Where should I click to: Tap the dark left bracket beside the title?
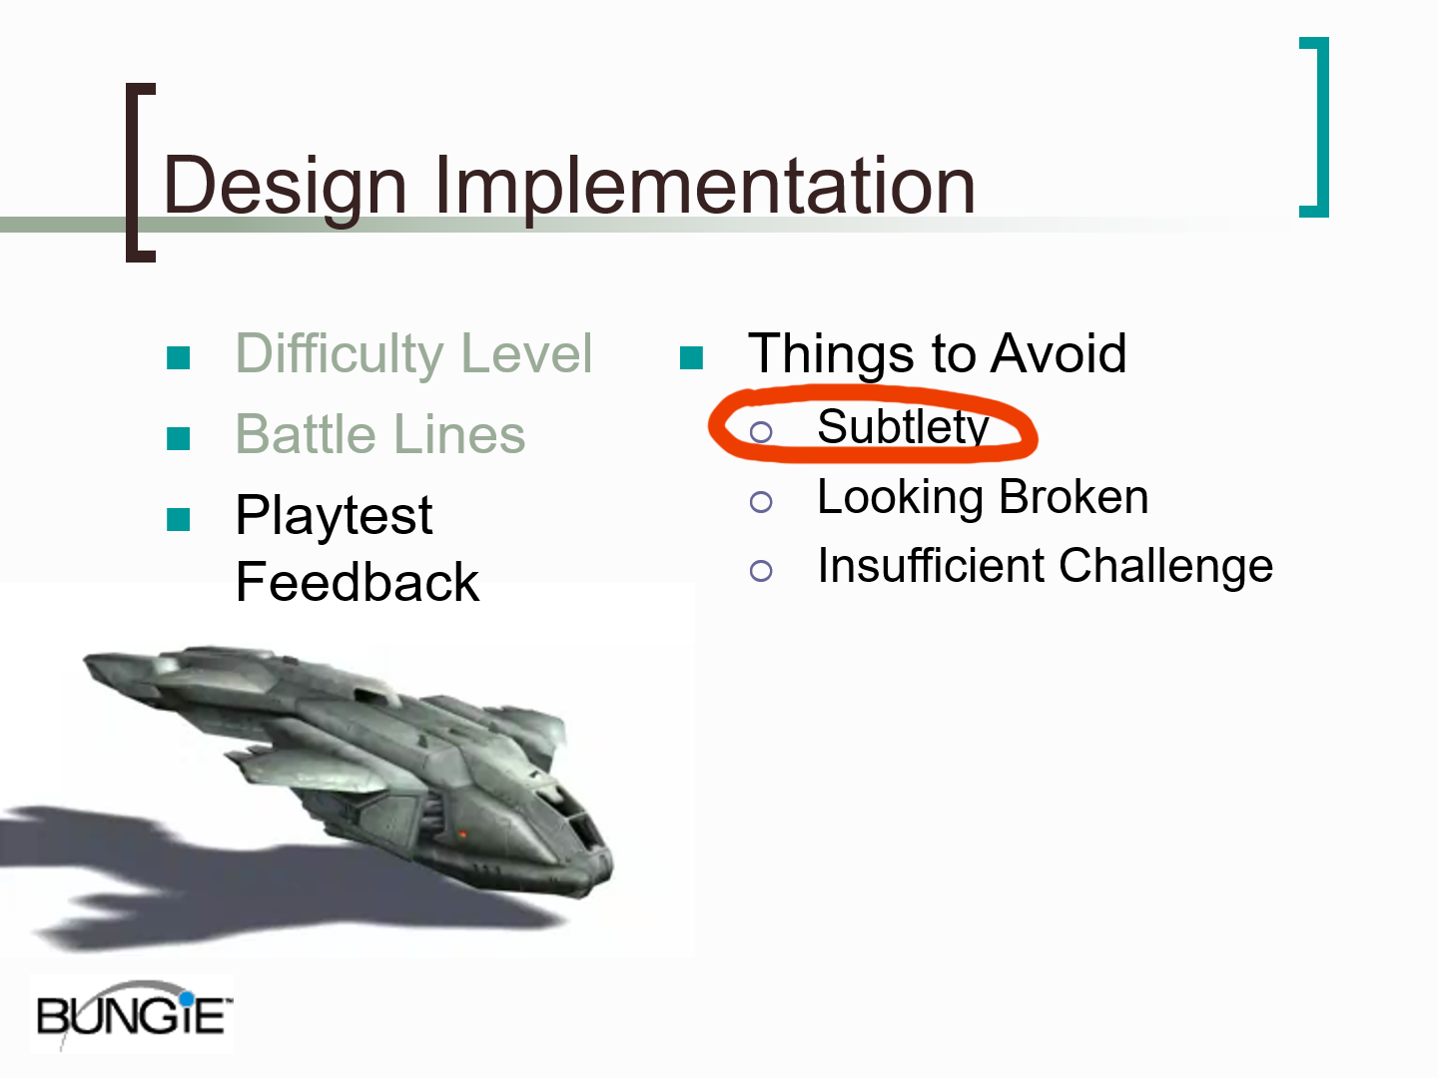click(133, 173)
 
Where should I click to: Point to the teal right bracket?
click(1322, 127)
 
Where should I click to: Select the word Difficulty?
click(340, 354)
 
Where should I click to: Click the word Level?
click(526, 353)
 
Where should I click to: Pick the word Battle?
click(306, 434)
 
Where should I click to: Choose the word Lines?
click(460, 434)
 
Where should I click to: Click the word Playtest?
click(334, 517)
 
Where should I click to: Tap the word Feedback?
click(358, 581)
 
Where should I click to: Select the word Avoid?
click(1058, 353)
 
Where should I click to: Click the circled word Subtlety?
click(902, 428)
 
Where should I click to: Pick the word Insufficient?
click(931, 565)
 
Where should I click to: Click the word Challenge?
click(1165, 566)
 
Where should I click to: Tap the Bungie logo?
click(133, 1014)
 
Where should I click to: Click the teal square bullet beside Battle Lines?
click(178, 438)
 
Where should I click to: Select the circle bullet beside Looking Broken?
click(761, 502)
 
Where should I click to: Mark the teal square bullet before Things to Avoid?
click(691, 358)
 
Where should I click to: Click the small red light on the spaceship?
click(462, 833)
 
